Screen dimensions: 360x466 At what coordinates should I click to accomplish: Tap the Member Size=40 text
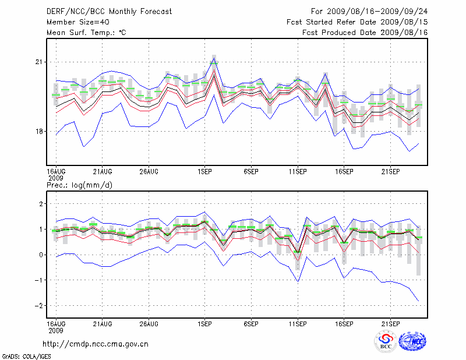[x=74, y=22]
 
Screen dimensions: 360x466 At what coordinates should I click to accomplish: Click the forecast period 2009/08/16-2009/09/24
[x=369, y=11]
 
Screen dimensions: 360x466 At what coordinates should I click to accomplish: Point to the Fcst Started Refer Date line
[x=357, y=22]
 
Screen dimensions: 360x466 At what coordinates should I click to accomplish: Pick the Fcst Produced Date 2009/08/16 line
[x=365, y=33]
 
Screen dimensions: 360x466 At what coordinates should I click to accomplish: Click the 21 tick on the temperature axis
[x=40, y=62]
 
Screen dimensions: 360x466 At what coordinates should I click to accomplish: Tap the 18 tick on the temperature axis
[x=40, y=131]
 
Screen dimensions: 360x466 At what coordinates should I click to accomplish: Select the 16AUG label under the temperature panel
[x=56, y=171]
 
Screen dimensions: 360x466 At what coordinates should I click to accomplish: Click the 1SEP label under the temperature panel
[x=204, y=171]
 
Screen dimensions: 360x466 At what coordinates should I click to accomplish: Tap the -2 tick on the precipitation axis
[x=38, y=306]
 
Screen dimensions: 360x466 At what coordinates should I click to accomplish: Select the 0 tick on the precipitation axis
[x=41, y=255]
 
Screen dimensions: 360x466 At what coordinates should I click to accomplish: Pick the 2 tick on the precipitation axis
[x=41, y=204]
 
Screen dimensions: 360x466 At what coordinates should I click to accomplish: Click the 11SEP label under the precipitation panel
[x=298, y=323]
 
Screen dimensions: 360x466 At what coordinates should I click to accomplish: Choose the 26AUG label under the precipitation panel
[x=149, y=323]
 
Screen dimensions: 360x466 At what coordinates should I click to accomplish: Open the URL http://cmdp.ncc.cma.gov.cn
[x=96, y=344]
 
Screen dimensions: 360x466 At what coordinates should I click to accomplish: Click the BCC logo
[x=386, y=342]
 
